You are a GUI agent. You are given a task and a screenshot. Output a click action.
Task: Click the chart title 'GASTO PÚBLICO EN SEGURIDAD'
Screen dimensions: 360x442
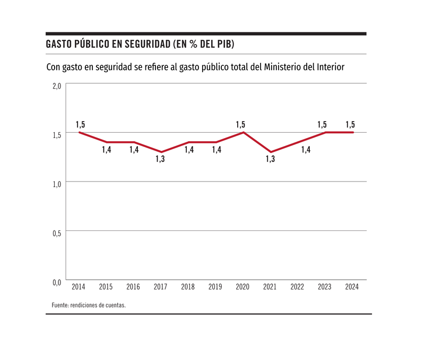click(140, 44)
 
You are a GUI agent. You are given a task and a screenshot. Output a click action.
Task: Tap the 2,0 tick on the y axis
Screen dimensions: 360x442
click(57, 86)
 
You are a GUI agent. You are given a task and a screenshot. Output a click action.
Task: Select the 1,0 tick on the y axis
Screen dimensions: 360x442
click(57, 184)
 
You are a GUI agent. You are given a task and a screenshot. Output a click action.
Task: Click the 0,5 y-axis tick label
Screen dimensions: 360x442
click(57, 233)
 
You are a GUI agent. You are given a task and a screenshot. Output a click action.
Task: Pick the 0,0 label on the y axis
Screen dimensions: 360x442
click(57, 282)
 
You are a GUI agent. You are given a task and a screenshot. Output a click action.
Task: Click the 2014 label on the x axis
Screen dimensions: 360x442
click(79, 287)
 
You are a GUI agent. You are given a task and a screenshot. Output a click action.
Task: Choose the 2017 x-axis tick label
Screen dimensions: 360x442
click(160, 287)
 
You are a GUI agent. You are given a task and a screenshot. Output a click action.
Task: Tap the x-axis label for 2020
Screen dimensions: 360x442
click(242, 287)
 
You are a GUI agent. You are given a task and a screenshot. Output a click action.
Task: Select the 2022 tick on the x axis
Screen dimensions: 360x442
click(297, 287)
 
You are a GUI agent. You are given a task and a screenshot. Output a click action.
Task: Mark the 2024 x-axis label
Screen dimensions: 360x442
click(352, 287)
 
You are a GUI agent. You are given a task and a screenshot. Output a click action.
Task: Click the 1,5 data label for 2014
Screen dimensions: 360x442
click(80, 125)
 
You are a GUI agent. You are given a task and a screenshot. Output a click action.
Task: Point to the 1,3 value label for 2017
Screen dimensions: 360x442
click(160, 159)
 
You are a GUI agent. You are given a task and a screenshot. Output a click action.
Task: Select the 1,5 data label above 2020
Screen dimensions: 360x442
click(240, 125)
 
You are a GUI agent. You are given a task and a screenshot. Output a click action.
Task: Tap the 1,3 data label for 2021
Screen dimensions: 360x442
click(270, 159)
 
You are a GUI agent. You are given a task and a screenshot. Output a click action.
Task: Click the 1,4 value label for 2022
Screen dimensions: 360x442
click(306, 150)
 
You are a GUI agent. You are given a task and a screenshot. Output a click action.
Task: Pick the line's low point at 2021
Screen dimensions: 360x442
click(271, 152)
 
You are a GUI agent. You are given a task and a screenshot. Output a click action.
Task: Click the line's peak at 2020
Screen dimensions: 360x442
click(244, 132)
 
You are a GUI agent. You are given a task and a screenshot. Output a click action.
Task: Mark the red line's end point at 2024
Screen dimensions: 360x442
click(353, 132)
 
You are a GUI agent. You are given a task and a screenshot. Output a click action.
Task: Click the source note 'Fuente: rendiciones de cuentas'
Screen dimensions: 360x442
click(89, 305)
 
